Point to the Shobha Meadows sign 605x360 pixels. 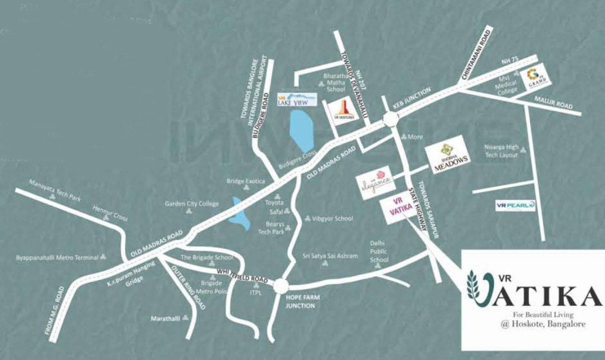444,153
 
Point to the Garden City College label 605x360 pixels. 192,204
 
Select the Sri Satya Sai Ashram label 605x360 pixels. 330,256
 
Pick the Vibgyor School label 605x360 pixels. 332,219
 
